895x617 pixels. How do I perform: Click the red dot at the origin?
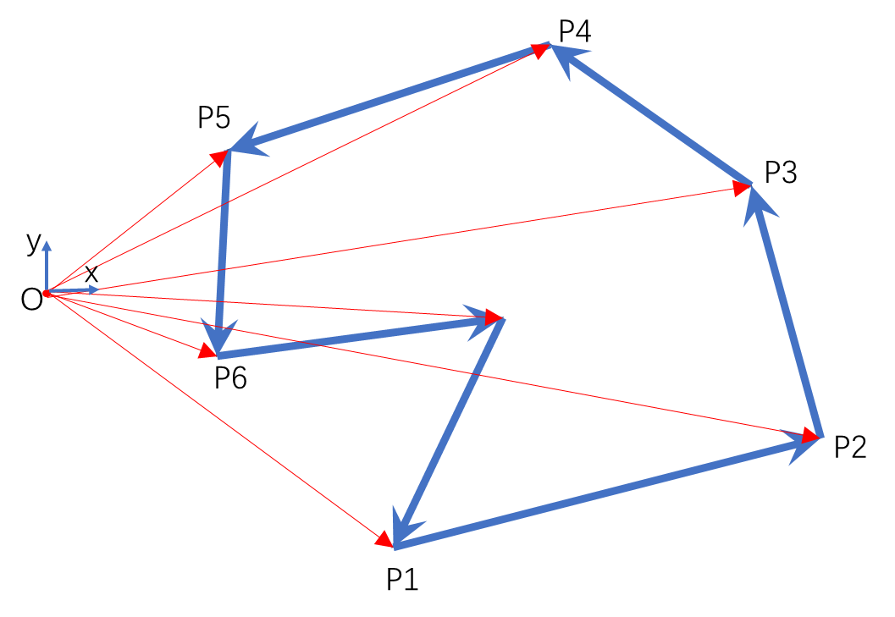coord(47,293)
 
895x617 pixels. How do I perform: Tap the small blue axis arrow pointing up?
coord(47,247)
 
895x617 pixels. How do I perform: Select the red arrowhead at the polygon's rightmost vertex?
coord(810,435)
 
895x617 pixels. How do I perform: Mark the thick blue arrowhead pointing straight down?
coord(218,334)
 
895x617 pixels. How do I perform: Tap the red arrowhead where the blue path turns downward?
coord(219,157)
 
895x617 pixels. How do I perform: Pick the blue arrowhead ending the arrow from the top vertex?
coord(247,142)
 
